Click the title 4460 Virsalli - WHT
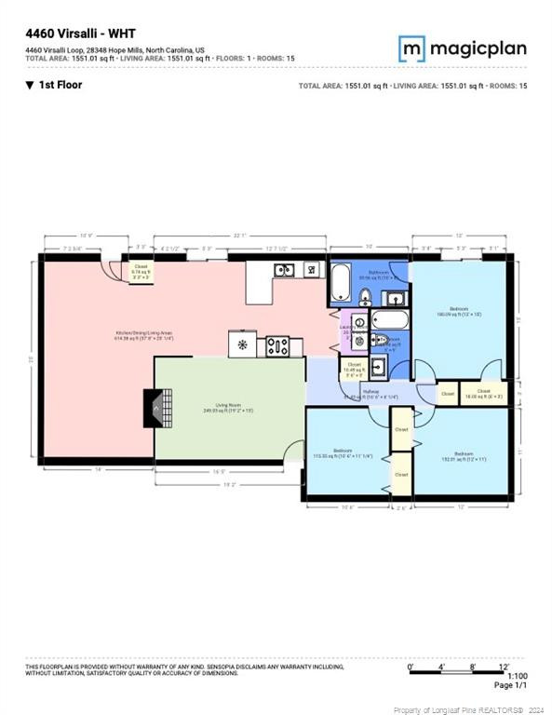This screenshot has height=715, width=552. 75,34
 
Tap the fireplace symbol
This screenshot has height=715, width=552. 152,406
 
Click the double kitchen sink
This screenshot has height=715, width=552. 285,270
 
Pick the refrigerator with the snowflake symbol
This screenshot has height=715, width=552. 242,345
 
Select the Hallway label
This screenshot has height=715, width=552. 370,393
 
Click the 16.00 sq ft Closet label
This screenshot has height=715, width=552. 484,394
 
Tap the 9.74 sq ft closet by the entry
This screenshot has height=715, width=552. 141,272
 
